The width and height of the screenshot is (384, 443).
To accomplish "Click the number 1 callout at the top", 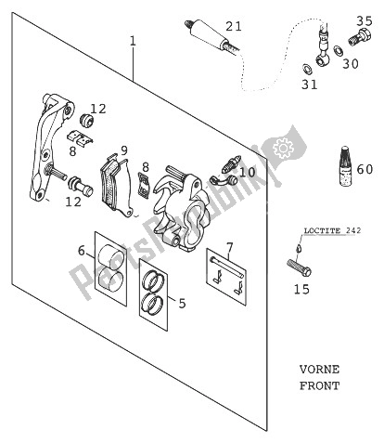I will pyautogui.click(x=133, y=41).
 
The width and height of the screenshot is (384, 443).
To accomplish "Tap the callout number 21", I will pyautogui.click(x=233, y=26).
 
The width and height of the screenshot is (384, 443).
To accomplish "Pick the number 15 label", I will pyautogui.click(x=301, y=290).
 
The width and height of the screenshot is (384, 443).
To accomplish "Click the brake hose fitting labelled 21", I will pyautogui.click(x=207, y=33).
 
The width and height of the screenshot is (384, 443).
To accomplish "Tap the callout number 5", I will pyautogui.click(x=181, y=302).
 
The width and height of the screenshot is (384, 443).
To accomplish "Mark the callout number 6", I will pyautogui.click(x=82, y=251).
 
